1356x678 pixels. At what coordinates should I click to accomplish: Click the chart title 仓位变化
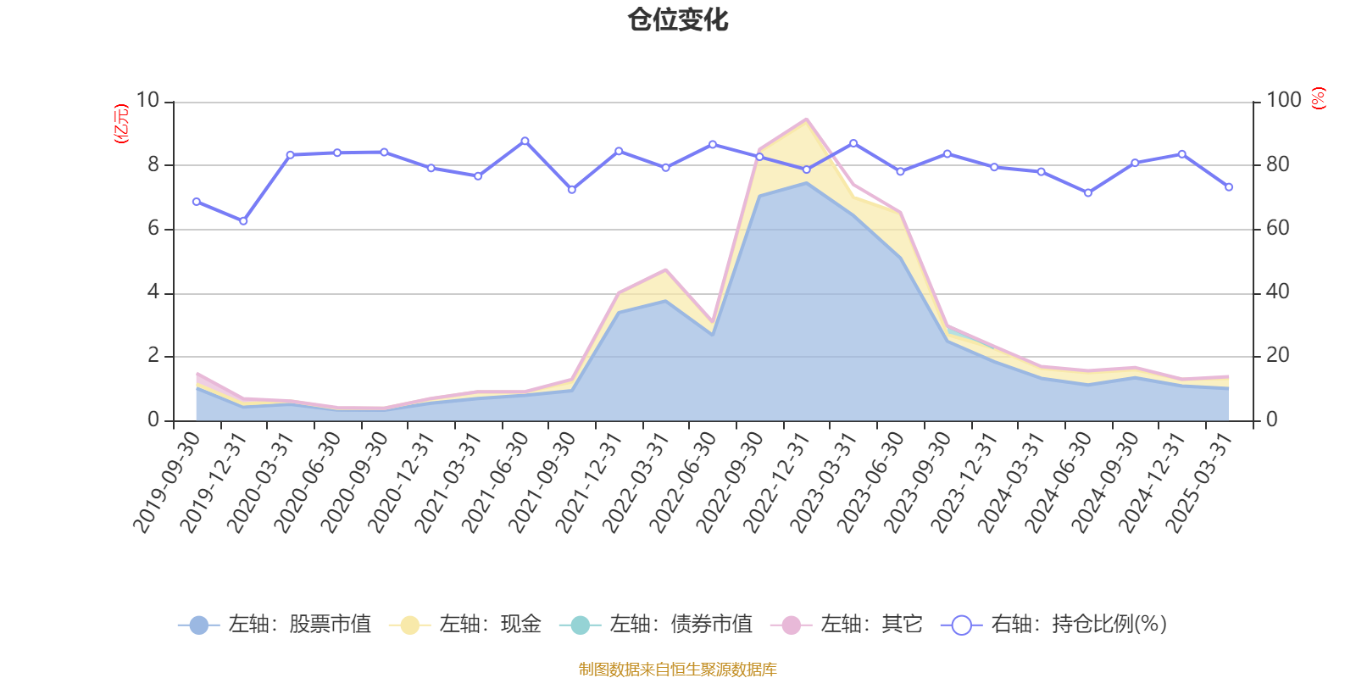pos(678,19)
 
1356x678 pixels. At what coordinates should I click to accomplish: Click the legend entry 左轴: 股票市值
pos(275,625)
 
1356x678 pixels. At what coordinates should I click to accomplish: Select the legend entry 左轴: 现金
pos(465,625)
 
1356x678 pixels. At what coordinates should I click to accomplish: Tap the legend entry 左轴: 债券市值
pos(656,625)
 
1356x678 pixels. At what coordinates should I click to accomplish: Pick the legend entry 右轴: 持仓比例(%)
pos(1055,625)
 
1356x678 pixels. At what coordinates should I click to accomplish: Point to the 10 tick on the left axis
pos(147,101)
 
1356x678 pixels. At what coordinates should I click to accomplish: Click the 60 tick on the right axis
pos(1278,229)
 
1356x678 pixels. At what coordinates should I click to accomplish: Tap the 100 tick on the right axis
pos(1283,101)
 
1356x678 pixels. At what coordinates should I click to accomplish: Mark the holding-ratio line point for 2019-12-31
pos(243,221)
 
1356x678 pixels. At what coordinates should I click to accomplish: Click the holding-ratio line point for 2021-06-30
pos(525,141)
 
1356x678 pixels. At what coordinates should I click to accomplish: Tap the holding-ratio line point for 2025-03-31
pos(1229,187)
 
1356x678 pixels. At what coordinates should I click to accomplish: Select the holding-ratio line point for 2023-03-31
pos(853,143)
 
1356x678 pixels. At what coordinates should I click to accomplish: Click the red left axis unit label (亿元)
pos(121,124)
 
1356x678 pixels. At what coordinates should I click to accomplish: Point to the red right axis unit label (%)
pos(1319,98)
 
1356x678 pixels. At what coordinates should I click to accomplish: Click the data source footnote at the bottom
pos(678,670)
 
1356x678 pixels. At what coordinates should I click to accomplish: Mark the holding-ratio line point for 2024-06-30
pos(1088,193)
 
